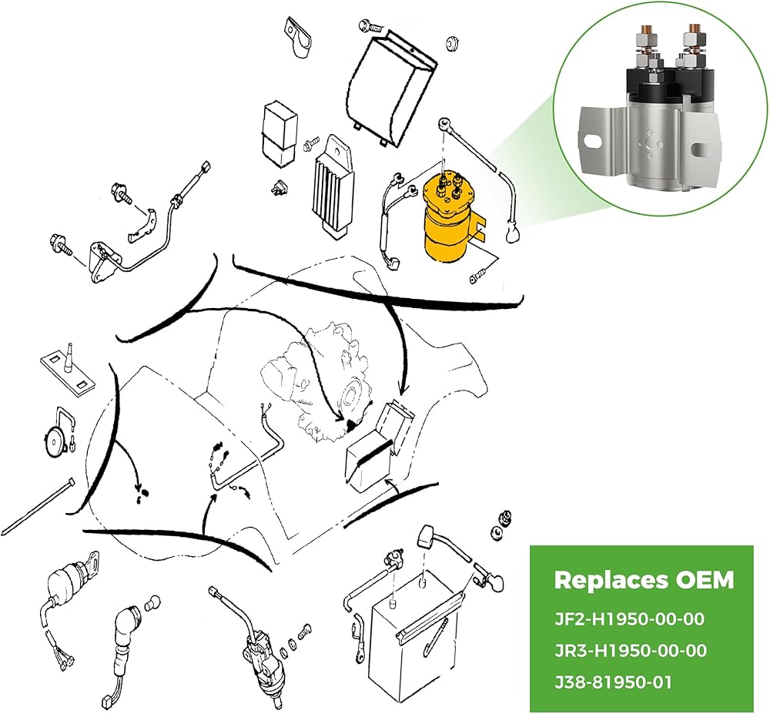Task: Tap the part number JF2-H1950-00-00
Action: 630,618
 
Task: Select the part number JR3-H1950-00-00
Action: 631,651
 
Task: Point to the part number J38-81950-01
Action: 613,682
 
